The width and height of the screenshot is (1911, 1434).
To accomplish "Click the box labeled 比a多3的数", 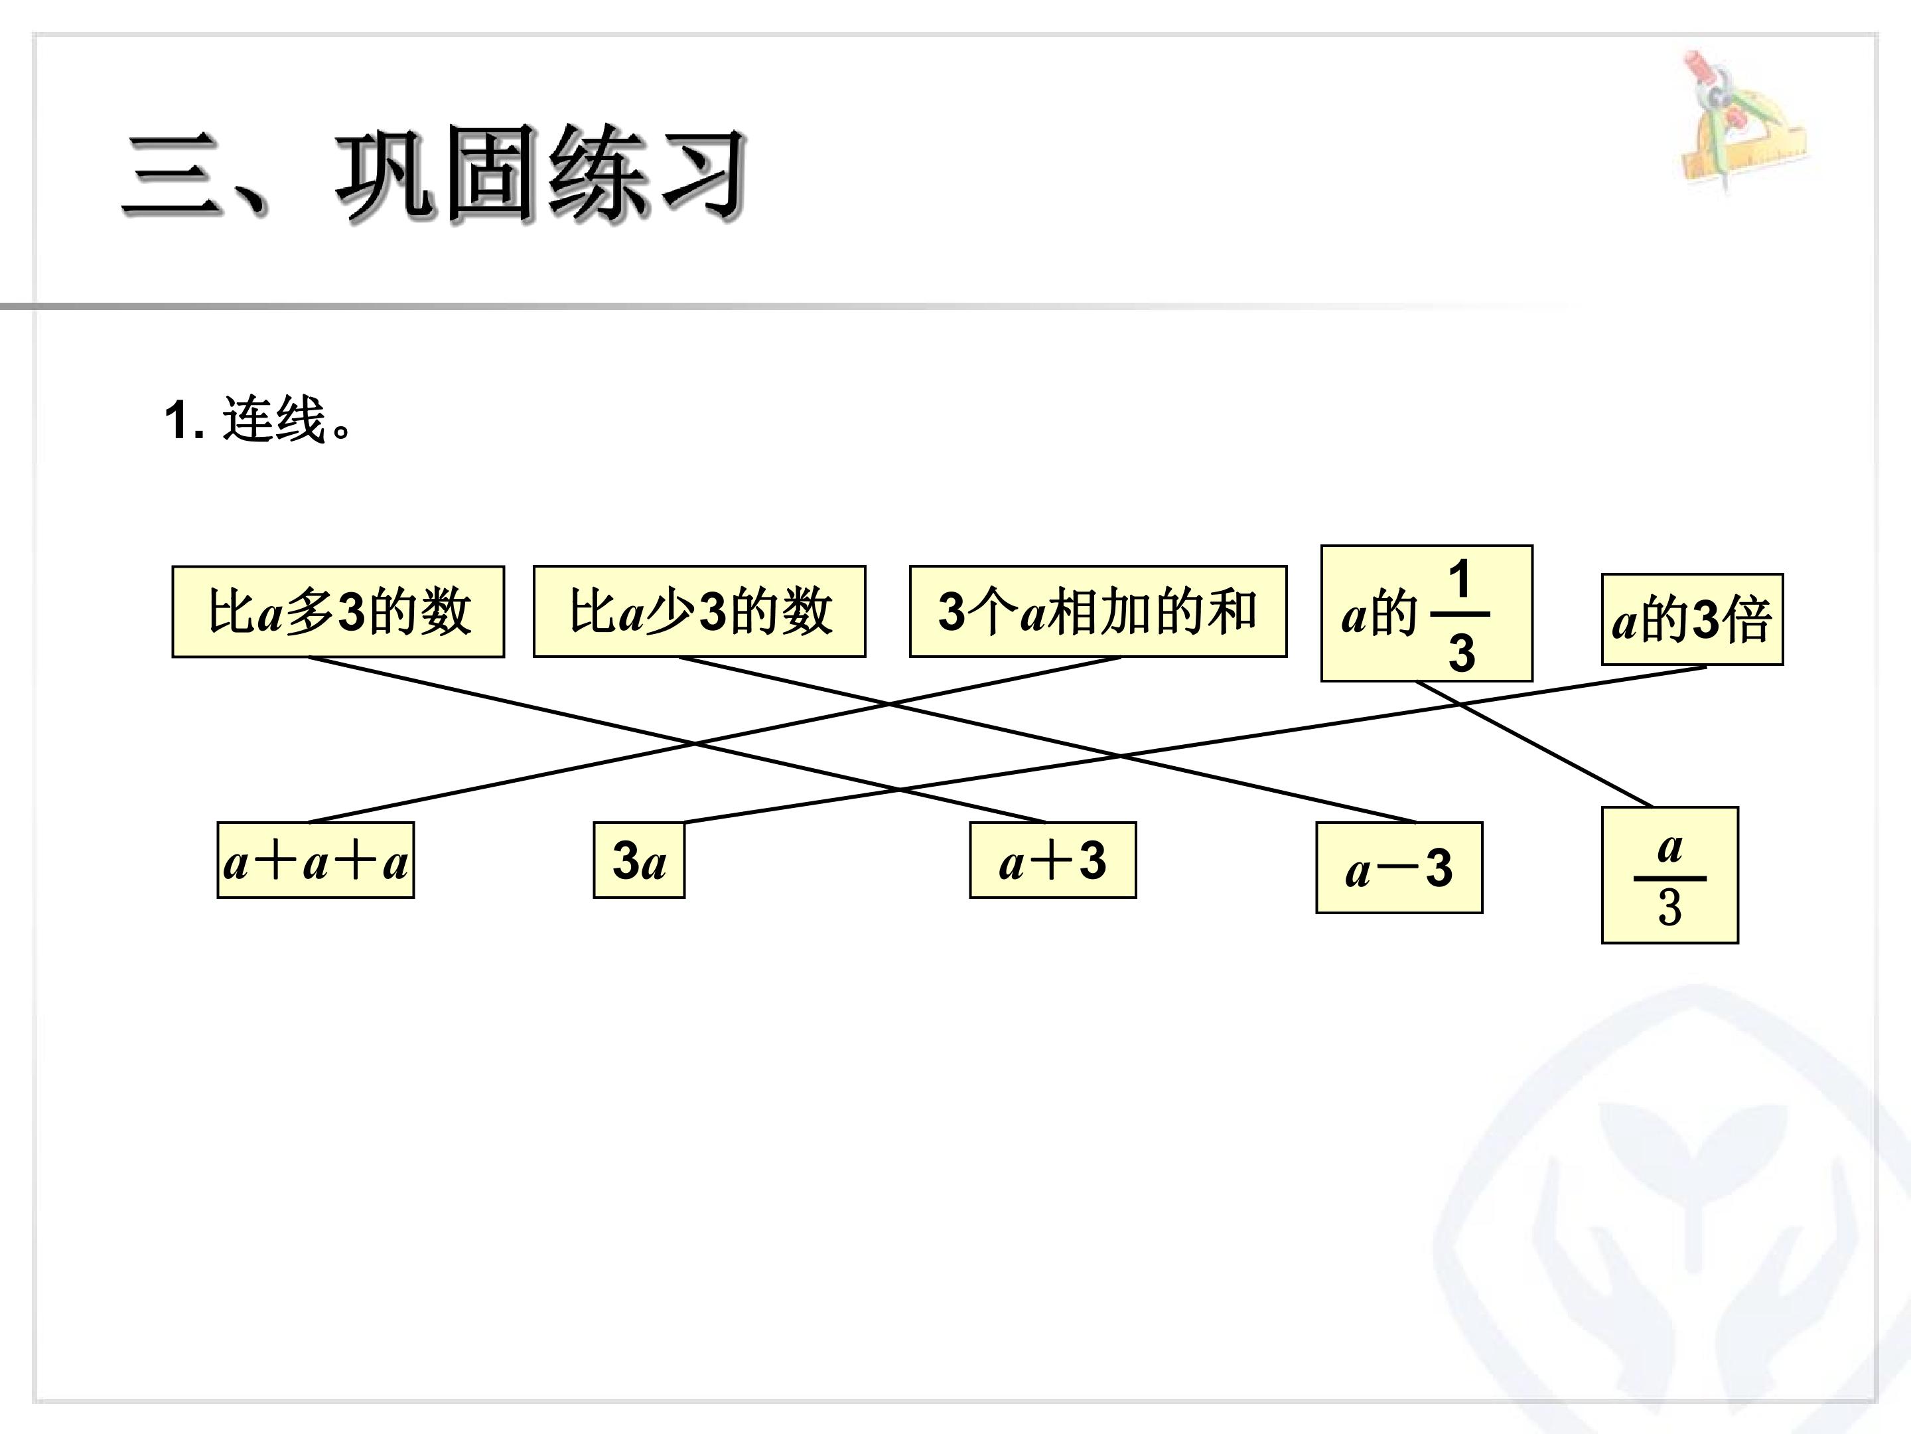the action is (338, 611).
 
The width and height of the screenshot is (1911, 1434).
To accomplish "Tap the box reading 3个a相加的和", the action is (1097, 611).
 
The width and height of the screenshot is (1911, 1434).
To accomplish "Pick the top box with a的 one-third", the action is (1427, 613).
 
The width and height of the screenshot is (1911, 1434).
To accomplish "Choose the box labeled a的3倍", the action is (1693, 619).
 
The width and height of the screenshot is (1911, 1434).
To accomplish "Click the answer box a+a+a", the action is (315, 860).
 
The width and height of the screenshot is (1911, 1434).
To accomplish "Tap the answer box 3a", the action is (638, 860).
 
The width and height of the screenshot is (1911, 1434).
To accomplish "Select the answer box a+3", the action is (1052, 860).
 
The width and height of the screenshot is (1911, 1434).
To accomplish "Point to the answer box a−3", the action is (1399, 868).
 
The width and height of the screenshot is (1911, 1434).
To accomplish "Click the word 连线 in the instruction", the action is (273, 420).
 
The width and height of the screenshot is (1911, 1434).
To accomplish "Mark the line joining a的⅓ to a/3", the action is (1534, 744).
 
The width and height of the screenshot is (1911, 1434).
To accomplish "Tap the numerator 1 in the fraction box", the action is (1460, 579).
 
